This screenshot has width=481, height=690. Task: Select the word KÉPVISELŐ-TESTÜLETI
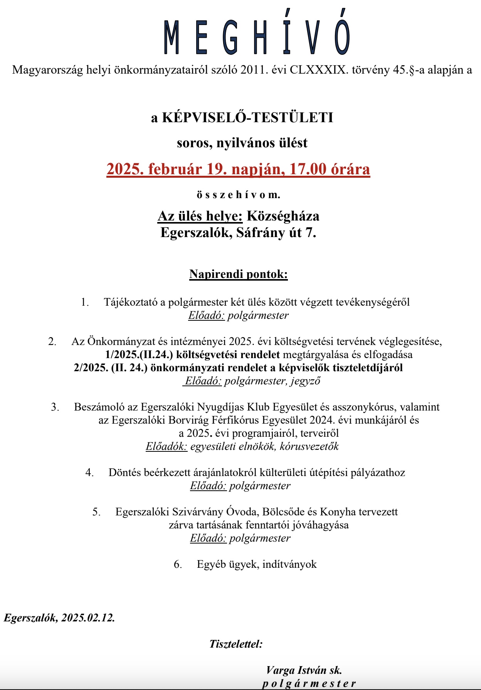(247, 117)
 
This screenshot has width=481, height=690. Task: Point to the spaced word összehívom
(238, 195)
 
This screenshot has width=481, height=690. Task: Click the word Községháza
(283, 216)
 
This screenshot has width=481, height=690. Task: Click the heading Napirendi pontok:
(238, 274)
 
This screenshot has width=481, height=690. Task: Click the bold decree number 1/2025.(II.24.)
(139, 354)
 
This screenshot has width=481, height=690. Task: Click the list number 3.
(55, 407)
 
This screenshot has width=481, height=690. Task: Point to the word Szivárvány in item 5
(197, 512)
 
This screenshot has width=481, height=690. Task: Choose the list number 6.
(178, 564)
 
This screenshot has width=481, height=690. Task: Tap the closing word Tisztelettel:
(235, 644)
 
